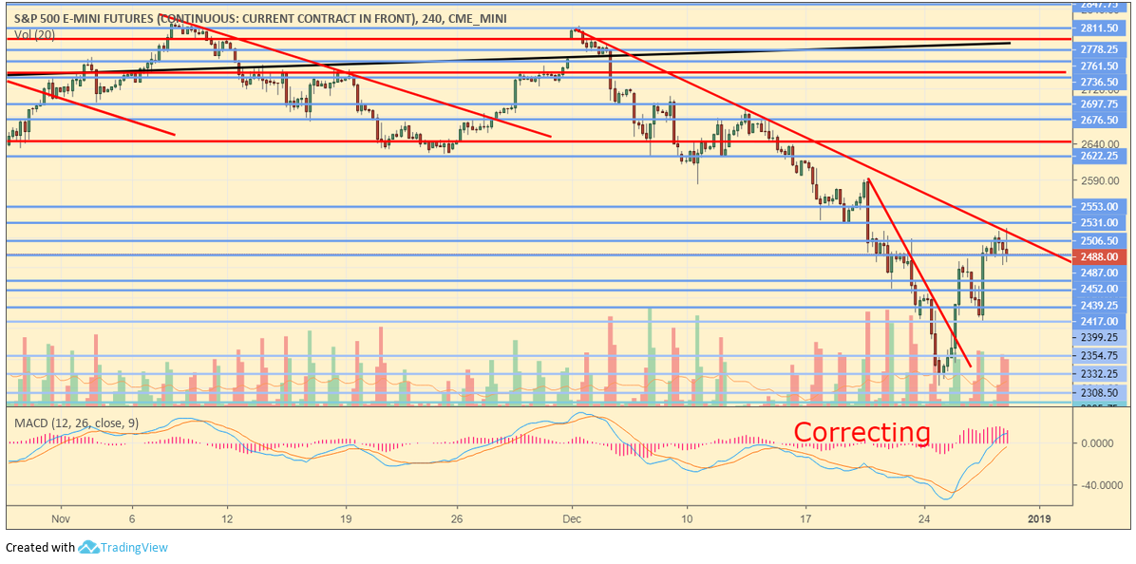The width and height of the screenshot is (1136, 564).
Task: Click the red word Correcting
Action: [861, 432]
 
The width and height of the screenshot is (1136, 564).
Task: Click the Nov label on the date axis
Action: [61, 518]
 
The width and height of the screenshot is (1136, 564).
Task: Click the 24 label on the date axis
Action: [925, 518]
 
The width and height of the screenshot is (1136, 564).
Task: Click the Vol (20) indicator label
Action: [34, 34]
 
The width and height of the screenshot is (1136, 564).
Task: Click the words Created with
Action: [40, 548]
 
